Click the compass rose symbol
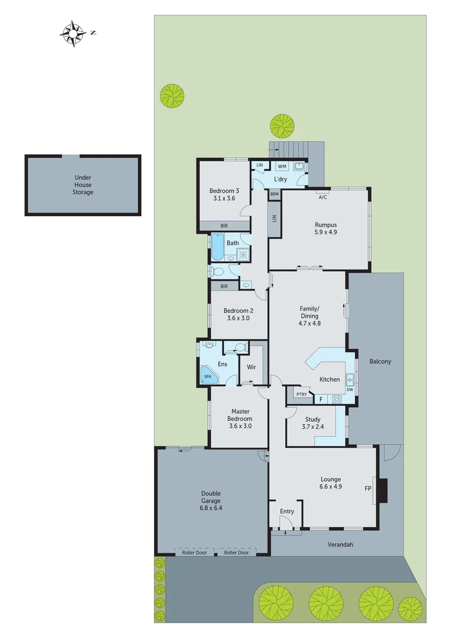pyautogui.click(x=73, y=33)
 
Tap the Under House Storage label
pyautogui.click(x=83, y=184)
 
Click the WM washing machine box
pyautogui.click(x=282, y=167)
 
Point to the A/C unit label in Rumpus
pyautogui.click(x=322, y=197)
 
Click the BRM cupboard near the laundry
pyautogui.click(x=274, y=194)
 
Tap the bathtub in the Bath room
pyautogui.click(x=217, y=248)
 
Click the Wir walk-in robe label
pyautogui.click(x=251, y=367)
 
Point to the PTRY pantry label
pyautogui.click(x=301, y=394)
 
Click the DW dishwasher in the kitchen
pyautogui.click(x=350, y=389)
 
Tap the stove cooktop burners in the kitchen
pyautogui.click(x=338, y=399)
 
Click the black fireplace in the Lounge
pyautogui.click(x=383, y=488)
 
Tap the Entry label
pyautogui.click(x=287, y=511)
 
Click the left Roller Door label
pyautogui.click(x=194, y=552)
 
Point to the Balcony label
pyautogui.click(x=380, y=362)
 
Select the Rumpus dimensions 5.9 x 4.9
pyautogui.click(x=325, y=232)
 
